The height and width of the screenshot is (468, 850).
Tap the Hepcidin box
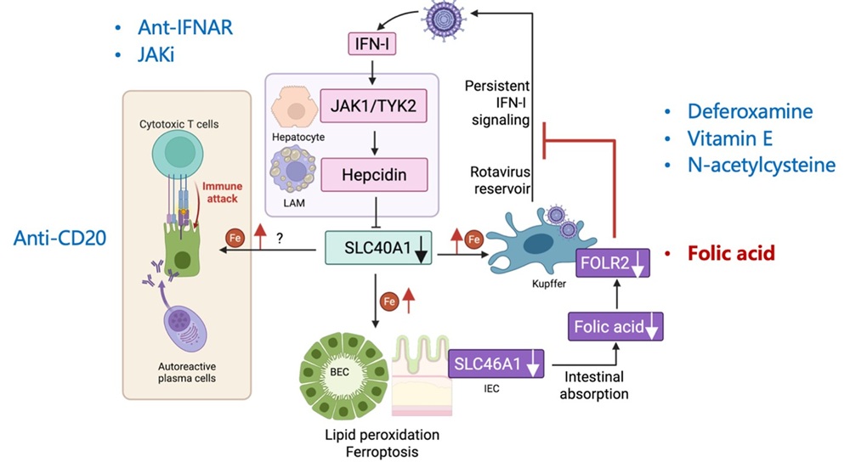pyautogui.click(x=373, y=175)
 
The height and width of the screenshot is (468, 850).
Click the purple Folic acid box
pyautogui.click(x=610, y=326)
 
